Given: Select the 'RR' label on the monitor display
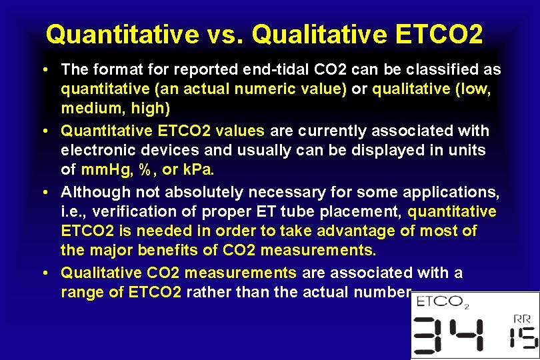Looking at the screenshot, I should (523, 319).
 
